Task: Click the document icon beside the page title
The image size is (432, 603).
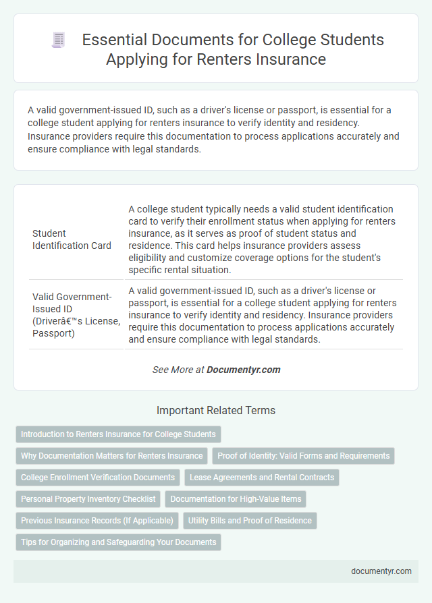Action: click(59, 40)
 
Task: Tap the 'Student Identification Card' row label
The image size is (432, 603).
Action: click(72, 239)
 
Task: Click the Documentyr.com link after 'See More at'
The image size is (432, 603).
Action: click(243, 370)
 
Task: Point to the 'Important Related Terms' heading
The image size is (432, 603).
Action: click(216, 410)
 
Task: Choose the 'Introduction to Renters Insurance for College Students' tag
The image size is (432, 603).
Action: click(118, 434)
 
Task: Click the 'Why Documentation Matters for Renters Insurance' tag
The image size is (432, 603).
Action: click(111, 455)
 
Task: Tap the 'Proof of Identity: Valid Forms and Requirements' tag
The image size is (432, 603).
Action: click(303, 455)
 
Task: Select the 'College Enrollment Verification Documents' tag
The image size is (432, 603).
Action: click(98, 477)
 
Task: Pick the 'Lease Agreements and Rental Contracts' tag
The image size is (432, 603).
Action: click(262, 477)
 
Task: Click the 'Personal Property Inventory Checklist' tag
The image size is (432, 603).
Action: click(88, 498)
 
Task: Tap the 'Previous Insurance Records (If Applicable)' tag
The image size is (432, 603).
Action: click(97, 520)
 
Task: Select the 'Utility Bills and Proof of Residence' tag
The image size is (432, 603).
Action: click(250, 520)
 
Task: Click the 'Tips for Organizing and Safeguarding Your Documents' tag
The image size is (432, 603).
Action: click(118, 542)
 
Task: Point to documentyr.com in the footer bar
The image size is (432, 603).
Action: click(381, 571)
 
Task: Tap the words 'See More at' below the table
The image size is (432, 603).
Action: click(179, 370)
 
